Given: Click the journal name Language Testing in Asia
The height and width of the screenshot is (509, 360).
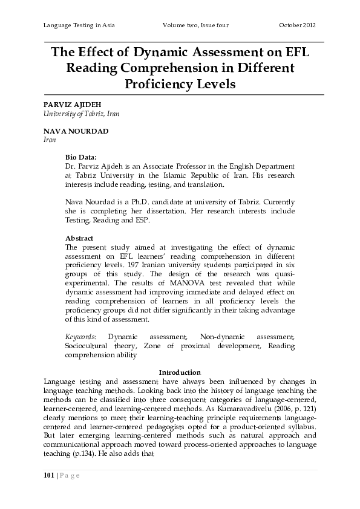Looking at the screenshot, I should tap(79, 25).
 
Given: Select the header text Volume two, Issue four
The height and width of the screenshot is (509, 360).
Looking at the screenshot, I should tap(195, 25).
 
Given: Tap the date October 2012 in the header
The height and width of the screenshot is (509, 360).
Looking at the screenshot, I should tap(297, 25).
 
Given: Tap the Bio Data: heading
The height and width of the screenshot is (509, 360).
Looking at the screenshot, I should tap(81, 157).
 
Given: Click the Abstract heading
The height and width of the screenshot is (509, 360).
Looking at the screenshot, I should tap(79, 238).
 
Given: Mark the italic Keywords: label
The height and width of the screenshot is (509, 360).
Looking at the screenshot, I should tap(80, 336).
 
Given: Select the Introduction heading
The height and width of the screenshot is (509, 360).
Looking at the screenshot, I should tap(179, 372).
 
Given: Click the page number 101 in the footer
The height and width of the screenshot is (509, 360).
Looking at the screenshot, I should tap(49, 475).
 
